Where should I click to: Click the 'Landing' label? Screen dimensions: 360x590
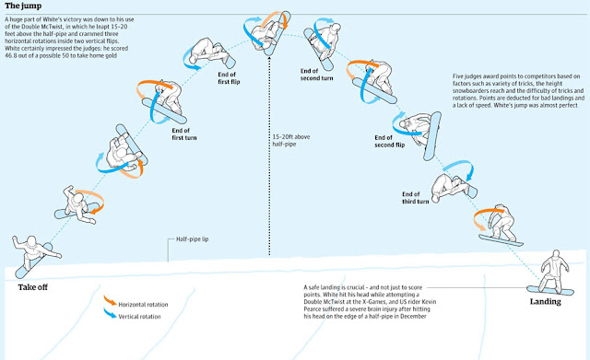pyautogui.click(x=545, y=301)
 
